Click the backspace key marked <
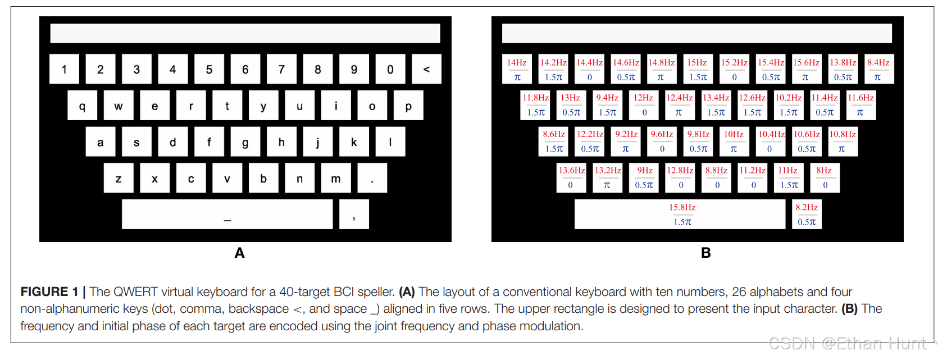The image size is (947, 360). [426, 69]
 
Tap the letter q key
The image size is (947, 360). [82, 106]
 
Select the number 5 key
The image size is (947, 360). [209, 69]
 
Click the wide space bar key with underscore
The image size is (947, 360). [227, 214]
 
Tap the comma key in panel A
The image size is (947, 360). [354, 214]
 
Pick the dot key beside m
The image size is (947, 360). [372, 178]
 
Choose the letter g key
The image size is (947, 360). [245, 142]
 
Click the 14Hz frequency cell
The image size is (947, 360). [517, 69]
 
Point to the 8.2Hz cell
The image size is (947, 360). [807, 214]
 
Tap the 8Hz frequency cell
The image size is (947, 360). [825, 177]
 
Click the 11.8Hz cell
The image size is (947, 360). [535, 105]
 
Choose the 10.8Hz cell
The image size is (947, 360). [843, 142]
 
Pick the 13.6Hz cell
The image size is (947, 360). [571, 177]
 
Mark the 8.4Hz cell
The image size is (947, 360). [878, 69]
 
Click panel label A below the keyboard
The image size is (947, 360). [239, 253]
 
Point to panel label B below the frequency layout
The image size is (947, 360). [706, 253]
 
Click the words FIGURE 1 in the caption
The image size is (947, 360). [49, 292]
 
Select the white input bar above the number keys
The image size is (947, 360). [245, 33]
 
